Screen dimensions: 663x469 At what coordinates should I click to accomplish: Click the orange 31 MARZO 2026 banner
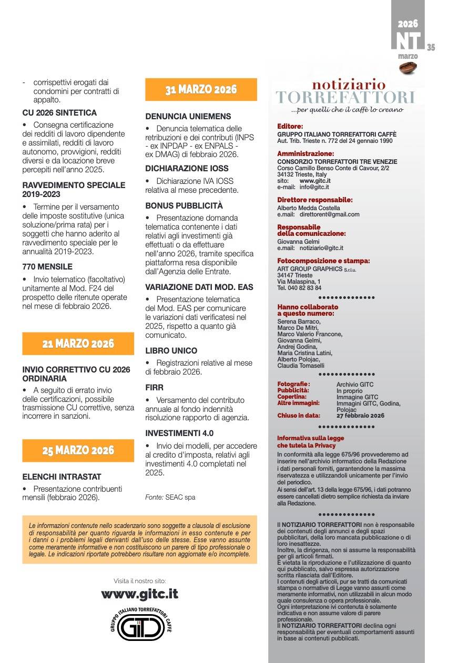tap(201, 89)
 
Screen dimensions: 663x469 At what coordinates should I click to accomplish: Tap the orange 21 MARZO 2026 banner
tap(78, 344)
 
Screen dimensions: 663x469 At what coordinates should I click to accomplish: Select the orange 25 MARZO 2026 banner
tap(78, 450)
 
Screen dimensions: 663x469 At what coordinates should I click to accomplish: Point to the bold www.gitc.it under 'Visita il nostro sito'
tap(139, 594)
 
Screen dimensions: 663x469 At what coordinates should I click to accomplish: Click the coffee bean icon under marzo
tap(408, 67)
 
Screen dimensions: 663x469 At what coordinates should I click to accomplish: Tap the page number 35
tap(431, 47)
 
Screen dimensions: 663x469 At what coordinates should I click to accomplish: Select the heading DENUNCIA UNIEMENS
tap(181, 116)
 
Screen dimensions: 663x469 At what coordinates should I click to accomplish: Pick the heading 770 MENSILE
tap(47, 266)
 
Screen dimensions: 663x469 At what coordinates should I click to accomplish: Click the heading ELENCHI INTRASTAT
tap(62, 476)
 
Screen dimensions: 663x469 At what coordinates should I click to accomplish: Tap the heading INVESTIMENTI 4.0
tap(179, 433)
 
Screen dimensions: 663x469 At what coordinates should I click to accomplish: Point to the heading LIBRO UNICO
tap(171, 350)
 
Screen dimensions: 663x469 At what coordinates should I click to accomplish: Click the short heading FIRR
tap(155, 387)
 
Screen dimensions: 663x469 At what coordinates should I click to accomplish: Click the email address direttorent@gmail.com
tap(329, 214)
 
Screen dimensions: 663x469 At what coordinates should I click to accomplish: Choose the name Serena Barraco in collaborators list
tap(298, 322)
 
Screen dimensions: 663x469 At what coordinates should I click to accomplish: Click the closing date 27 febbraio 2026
tap(360, 416)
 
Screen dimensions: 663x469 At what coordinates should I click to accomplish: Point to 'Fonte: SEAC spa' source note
tap(170, 497)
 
